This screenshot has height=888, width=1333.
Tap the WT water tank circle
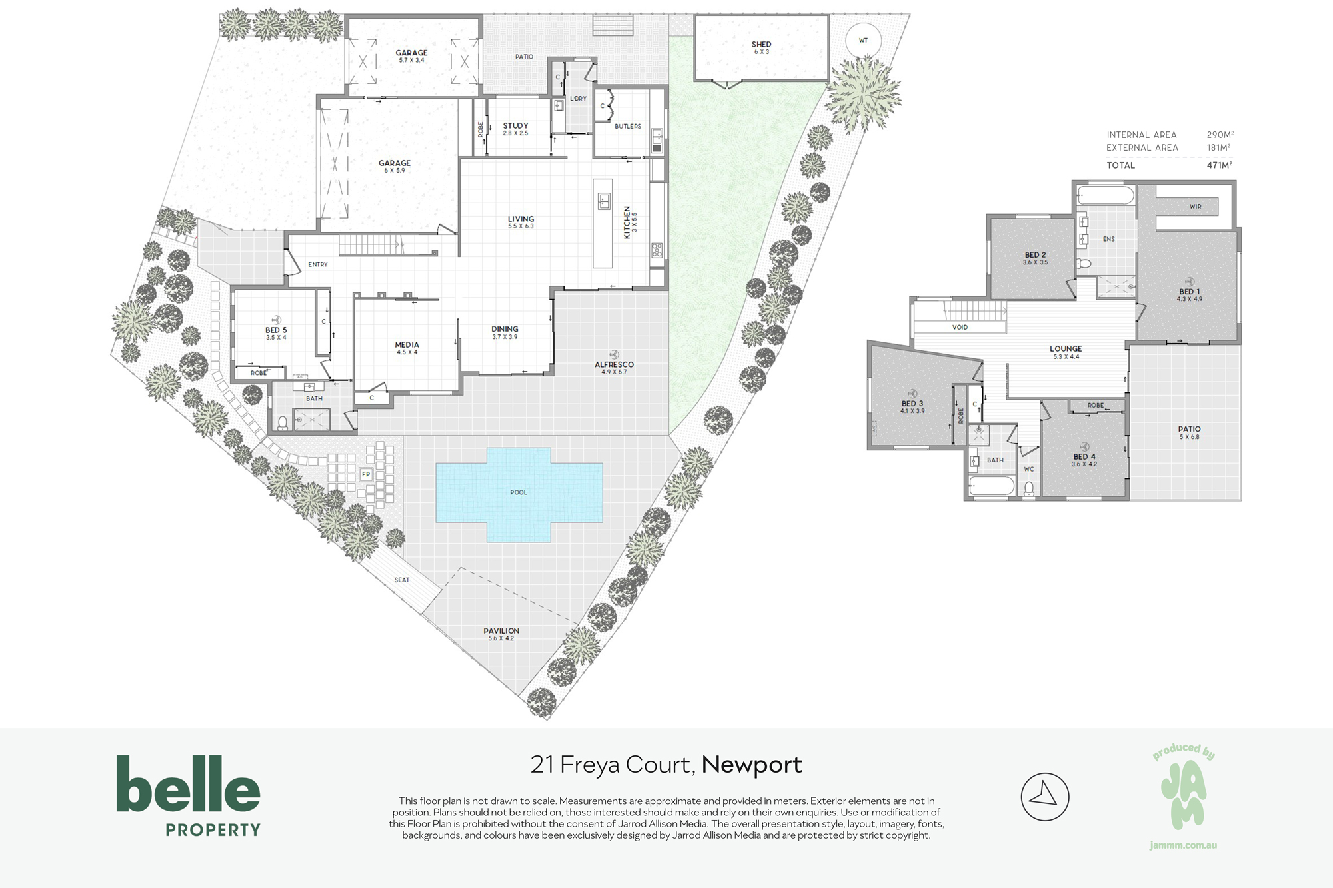tap(863, 41)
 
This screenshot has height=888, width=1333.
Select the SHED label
tap(761, 45)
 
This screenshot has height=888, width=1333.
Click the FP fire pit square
tap(365, 474)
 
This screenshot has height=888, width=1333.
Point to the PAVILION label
tap(501, 631)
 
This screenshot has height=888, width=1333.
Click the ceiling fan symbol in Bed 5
tap(276, 320)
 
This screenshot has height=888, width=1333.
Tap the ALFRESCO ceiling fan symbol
tap(614, 354)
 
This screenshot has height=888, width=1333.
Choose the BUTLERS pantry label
tap(628, 126)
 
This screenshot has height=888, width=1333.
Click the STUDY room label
tap(515, 125)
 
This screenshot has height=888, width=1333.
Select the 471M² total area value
tap(1219, 165)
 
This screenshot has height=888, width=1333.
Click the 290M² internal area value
tap(1220, 135)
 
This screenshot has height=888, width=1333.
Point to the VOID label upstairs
tap(960, 328)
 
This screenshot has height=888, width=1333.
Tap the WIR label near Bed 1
tap(1195, 207)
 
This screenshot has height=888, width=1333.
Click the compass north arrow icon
tap(1044, 796)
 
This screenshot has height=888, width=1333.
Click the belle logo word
tap(188, 783)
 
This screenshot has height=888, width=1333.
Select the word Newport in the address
tap(752, 765)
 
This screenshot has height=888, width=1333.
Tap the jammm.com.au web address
tap(1183, 845)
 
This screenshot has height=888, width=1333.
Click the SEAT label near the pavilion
tap(402, 580)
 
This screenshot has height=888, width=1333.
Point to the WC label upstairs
tap(1029, 469)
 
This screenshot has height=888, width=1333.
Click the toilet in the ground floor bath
tap(283, 422)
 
